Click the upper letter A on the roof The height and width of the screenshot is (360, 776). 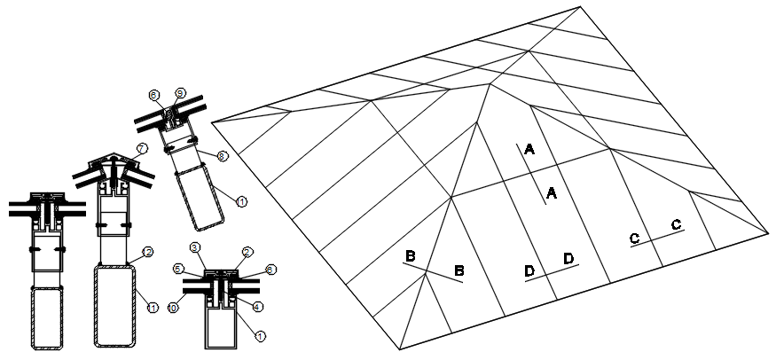coord(529,149)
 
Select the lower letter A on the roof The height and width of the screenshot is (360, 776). coord(550,192)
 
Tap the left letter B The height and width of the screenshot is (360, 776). coord(411,256)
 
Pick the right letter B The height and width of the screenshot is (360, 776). coord(459,270)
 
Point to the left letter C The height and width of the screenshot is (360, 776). coord(635,238)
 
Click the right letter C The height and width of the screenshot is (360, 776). coord(677,225)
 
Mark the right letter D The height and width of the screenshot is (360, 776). coord(568,258)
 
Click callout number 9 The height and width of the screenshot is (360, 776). coord(180,93)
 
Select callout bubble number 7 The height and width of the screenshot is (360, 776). coord(141,147)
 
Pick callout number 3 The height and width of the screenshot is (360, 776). coord(195,247)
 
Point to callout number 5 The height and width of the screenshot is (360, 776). coord(178,268)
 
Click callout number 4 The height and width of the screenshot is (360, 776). coord(258,307)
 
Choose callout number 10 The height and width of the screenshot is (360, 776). coord(174,307)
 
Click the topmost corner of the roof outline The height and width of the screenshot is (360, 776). coord(581,7)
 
